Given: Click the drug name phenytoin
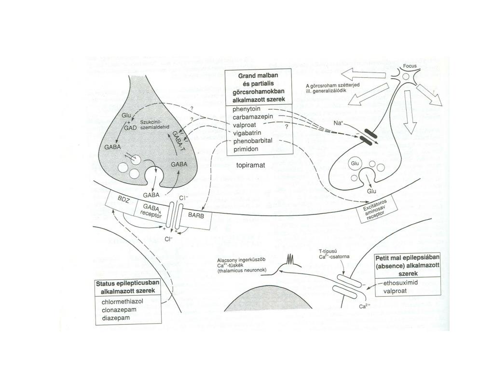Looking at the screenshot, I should coord(246,109).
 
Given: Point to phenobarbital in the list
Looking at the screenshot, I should coord(253,141).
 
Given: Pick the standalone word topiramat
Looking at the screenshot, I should coord(251,165).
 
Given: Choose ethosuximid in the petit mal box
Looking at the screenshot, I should coord(400,283).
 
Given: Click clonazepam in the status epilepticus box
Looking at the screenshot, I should coord(120,310).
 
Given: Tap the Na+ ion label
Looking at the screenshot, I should coord(338,123).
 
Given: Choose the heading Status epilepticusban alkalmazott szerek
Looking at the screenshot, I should coord(127,287).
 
